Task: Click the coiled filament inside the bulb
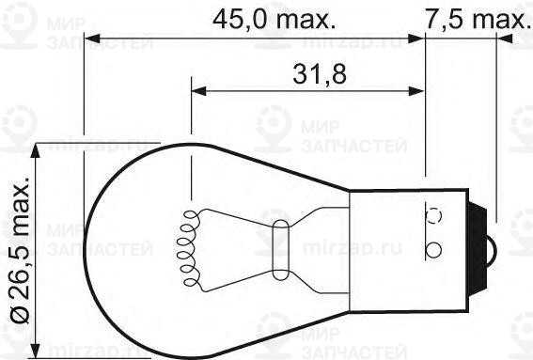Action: pyautogui.click(x=188, y=249)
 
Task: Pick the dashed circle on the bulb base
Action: pyautogui.click(x=434, y=213)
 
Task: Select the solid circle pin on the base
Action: pyautogui.click(x=434, y=250)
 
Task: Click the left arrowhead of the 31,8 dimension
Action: pyautogui.click(x=199, y=92)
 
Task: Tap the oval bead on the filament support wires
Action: pyautogui.click(x=280, y=249)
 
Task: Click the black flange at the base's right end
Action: pyautogui.click(x=485, y=250)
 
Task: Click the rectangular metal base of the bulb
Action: pyautogui.click(x=414, y=250)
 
